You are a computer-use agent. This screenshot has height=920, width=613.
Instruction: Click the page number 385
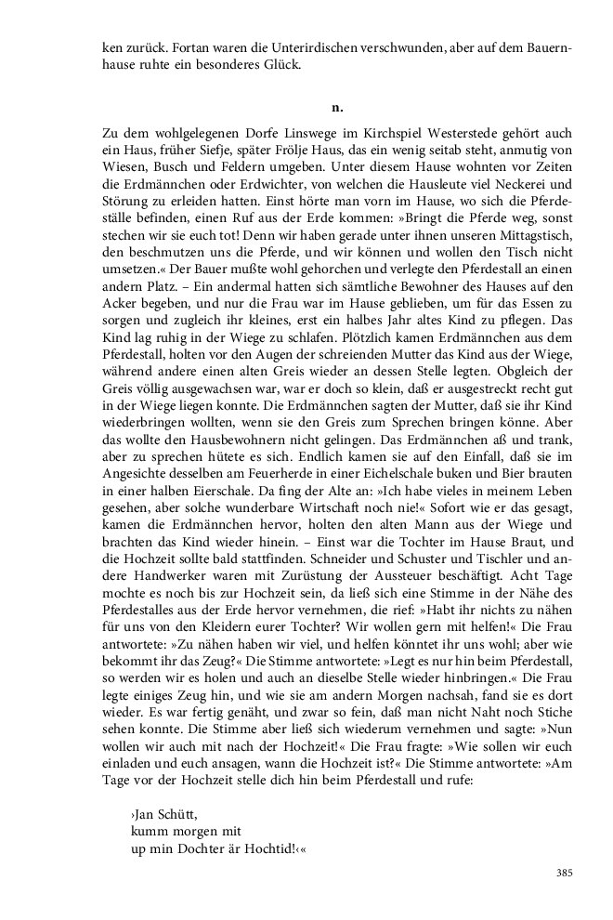click(564, 873)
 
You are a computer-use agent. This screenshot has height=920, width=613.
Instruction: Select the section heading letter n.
click(337, 108)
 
